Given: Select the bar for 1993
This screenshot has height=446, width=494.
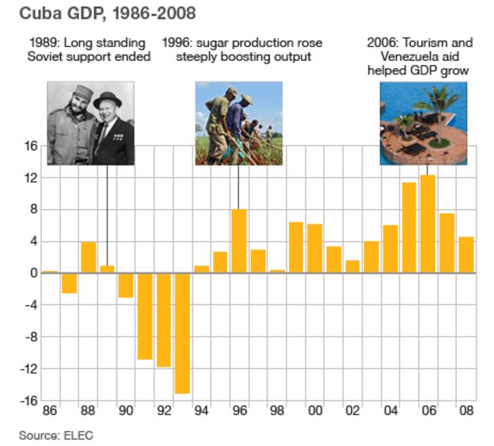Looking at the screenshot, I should click(x=182, y=333).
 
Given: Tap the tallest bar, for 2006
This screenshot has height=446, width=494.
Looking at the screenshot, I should click(x=427, y=224).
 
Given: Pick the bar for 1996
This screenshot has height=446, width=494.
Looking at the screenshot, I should click(x=239, y=241).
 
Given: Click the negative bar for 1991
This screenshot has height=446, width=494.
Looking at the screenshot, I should click(x=145, y=316).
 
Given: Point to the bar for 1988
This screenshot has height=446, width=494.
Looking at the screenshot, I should click(x=88, y=257).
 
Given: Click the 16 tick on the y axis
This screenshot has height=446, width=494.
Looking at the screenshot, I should click(x=29, y=147).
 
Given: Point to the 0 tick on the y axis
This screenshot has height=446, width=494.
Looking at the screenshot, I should click(x=33, y=273).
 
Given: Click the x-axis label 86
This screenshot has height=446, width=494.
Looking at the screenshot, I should click(x=49, y=412).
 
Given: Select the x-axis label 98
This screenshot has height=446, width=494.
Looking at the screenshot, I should click(x=276, y=412).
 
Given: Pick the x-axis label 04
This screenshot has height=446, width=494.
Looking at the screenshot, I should click(x=389, y=412).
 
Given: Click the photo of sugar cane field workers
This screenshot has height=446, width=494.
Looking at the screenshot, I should click(x=238, y=124).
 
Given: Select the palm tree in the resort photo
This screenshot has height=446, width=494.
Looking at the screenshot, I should click(x=436, y=111).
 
